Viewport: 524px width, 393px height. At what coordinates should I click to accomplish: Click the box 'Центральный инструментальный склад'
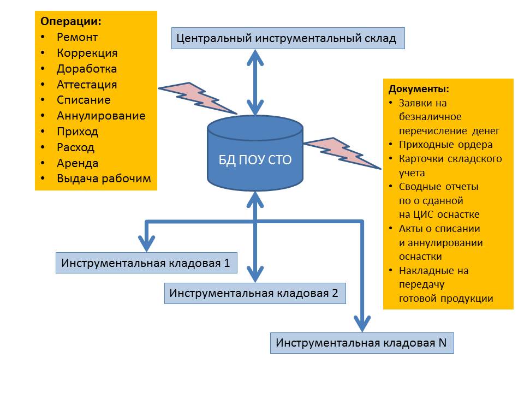coord(288,38)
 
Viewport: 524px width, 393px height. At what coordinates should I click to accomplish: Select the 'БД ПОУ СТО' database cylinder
coord(255,153)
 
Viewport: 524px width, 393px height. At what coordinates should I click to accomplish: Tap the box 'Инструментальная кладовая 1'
coord(146,263)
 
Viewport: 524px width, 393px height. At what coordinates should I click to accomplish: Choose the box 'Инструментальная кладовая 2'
coord(255,294)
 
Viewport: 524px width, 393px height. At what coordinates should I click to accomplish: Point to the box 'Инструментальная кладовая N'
coord(362,343)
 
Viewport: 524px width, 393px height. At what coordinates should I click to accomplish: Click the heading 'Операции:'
coord(71,21)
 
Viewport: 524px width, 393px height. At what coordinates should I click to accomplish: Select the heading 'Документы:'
coord(419,89)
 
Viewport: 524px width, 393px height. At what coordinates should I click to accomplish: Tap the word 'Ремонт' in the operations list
coord(77,37)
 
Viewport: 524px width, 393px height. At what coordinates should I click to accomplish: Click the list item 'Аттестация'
coord(87,85)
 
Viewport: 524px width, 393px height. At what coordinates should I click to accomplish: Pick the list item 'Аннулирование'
coord(102,116)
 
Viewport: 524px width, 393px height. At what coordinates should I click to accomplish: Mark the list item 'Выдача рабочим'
coord(104,179)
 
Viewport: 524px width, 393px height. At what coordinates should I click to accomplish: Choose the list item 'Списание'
coord(84,100)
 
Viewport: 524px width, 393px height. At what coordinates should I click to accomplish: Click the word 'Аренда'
coord(78,163)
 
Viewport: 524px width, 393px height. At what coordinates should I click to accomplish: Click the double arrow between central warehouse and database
coord(255,82)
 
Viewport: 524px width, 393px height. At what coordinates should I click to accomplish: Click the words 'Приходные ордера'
coord(446,145)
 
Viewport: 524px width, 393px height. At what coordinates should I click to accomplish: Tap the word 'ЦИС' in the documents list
coord(423,214)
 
